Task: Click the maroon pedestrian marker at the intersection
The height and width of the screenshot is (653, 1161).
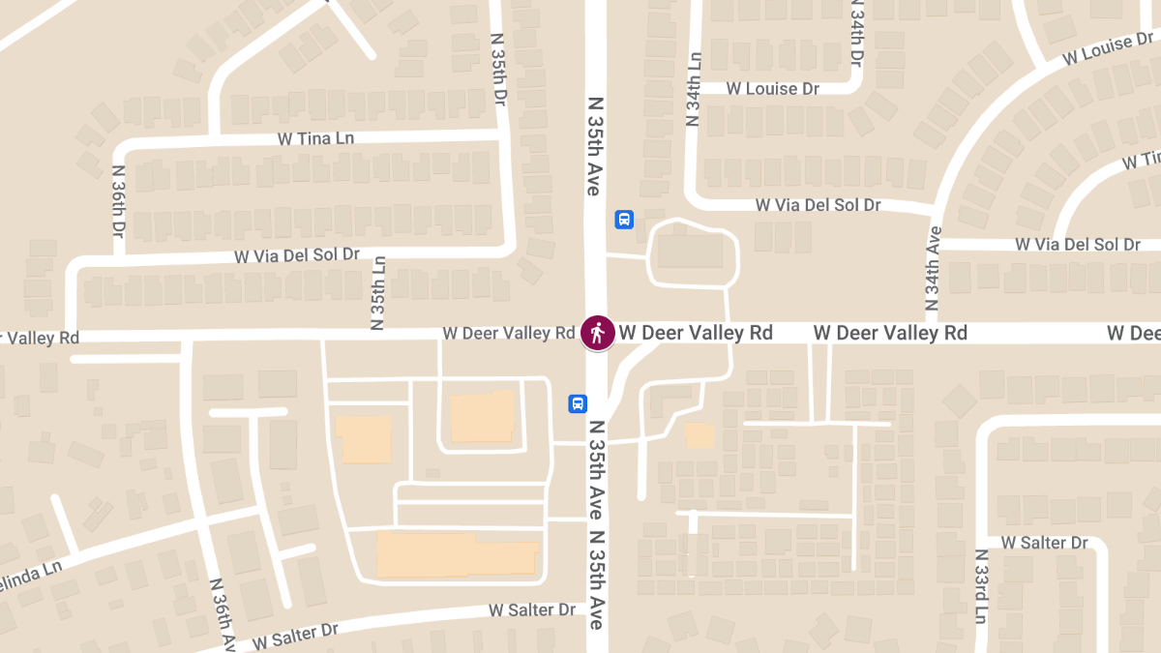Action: pos(597,333)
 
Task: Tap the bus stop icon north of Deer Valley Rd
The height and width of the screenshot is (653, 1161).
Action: pos(624,220)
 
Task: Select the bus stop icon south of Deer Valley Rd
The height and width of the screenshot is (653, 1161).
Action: pos(578,403)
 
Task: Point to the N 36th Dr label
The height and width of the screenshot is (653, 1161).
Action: pos(118,201)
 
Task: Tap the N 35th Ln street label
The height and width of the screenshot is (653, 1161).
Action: pos(379,292)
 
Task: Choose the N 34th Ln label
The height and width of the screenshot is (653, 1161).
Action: pos(693,89)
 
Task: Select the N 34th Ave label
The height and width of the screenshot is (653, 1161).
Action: pos(934,266)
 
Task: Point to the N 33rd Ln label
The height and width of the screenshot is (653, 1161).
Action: pos(981,586)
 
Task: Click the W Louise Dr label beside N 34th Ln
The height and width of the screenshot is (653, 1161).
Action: pos(773,88)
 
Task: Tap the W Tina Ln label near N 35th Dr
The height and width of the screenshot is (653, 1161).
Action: pos(315,138)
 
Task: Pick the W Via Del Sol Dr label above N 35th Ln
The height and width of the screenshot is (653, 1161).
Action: pos(297,255)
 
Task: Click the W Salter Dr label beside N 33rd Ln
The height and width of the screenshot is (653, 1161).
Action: pos(1045,543)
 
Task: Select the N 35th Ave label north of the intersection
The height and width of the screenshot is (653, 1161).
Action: pos(595,145)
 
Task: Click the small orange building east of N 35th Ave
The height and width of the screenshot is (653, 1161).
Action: pos(699,435)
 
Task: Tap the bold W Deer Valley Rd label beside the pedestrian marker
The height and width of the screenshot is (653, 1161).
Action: pos(696,333)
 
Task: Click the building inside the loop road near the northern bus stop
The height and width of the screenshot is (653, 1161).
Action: pos(690,252)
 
